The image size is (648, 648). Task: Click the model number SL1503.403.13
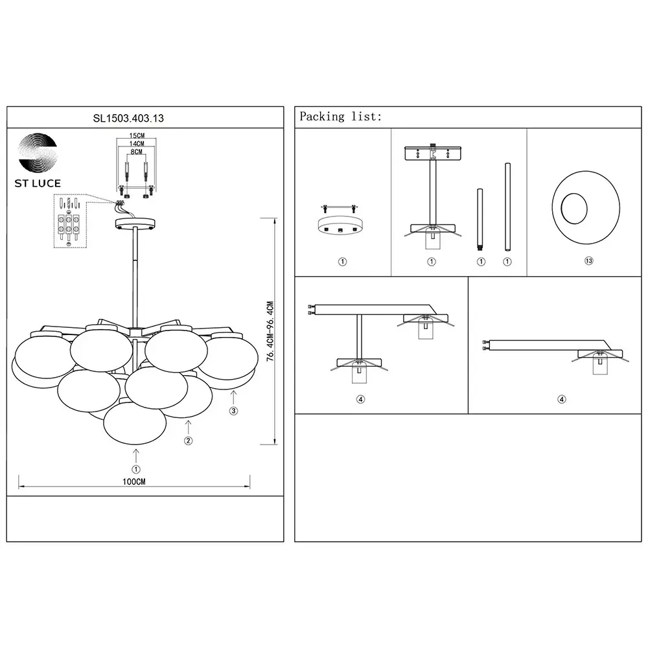(128, 118)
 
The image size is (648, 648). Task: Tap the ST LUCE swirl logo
(38, 152)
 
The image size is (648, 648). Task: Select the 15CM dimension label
(137, 135)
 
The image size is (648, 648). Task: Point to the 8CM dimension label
(136, 152)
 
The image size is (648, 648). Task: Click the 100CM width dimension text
(134, 481)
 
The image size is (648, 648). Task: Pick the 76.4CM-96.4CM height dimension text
(270, 331)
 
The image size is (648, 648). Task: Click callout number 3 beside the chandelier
(233, 411)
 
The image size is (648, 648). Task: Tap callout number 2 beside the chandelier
(189, 441)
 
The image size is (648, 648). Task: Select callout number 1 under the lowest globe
(136, 469)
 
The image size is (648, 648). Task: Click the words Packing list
(341, 117)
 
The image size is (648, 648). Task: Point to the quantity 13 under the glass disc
(589, 260)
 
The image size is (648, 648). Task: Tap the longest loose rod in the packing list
(507, 207)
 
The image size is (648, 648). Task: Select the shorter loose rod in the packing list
(480, 220)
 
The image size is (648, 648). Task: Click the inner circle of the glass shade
(574, 208)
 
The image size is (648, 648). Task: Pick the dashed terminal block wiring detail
(70, 221)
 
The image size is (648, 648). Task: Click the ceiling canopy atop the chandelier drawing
(135, 224)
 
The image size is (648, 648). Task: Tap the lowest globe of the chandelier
(135, 422)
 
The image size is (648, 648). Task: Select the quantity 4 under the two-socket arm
(361, 399)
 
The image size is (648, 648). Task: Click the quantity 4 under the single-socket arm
(562, 399)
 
